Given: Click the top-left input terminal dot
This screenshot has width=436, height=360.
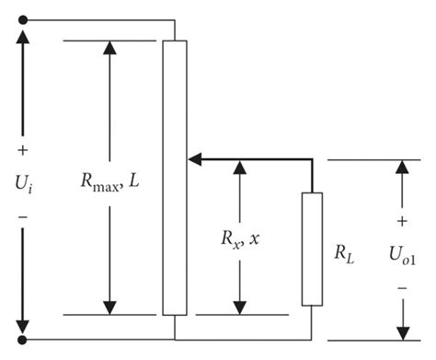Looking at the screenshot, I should click(x=23, y=19).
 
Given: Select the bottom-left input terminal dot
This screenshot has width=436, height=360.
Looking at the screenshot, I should click(x=23, y=339).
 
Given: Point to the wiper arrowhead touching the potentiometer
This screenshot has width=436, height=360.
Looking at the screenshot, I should click(x=194, y=160).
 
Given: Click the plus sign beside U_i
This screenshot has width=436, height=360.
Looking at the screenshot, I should click(x=23, y=150).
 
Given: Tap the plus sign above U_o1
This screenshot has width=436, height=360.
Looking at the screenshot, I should click(x=402, y=222).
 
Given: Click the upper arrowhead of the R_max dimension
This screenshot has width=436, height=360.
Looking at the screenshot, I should click(x=109, y=48).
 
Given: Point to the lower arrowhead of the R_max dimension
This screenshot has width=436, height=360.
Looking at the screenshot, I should click(x=109, y=307).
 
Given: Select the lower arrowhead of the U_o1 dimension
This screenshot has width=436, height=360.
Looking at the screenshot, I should click(x=402, y=331).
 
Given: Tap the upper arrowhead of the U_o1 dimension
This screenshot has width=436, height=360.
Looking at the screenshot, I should click(x=402, y=168).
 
